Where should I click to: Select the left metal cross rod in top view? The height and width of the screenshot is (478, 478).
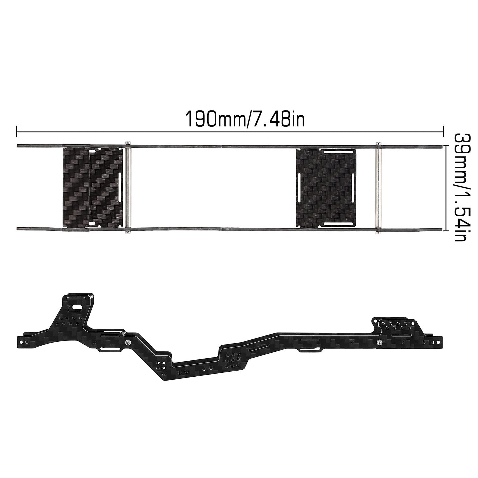pyautogui.click(x=128, y=188)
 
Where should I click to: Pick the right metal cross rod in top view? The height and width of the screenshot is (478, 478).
pyautogui.click(x=378, y=188)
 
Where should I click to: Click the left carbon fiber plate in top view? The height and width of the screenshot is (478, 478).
pyautogui.click(x=92, y=188)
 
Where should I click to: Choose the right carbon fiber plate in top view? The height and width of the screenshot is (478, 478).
pyautogui.click(x=326, y=188)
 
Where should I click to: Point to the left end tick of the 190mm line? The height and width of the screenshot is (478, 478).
pyautogui.click(x=17, y=132)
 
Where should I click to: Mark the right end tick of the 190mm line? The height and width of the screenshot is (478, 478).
pyautogui.click(x=443, y=132)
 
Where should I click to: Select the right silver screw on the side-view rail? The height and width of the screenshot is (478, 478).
pyautogui.click(x=378, y=342)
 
